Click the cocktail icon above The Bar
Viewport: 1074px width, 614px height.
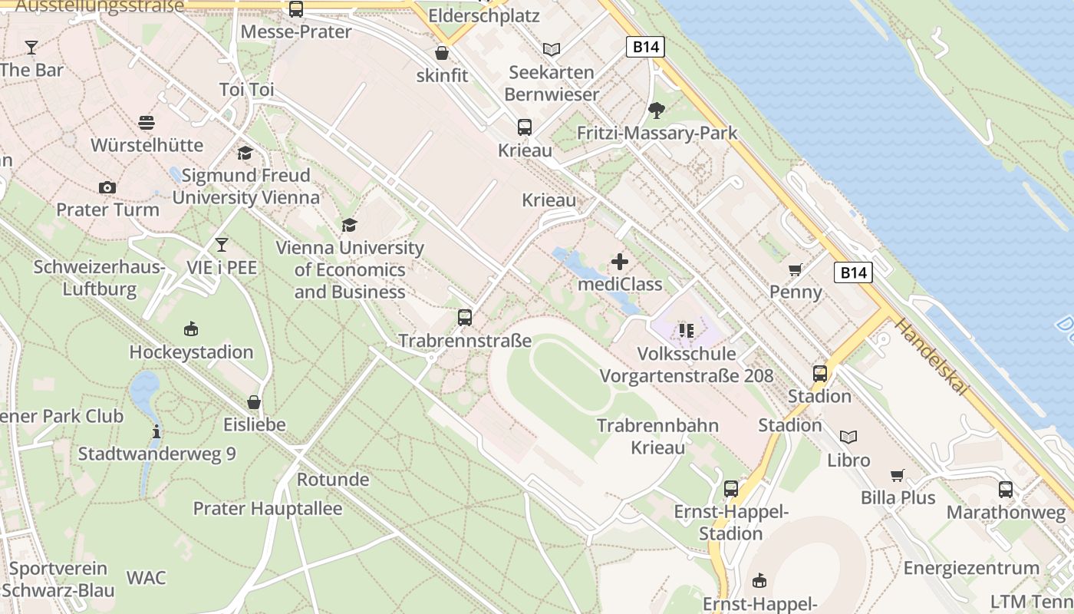tap(31, 48)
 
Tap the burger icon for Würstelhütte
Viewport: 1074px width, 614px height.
tap(147, 123)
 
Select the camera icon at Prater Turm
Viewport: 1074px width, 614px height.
tap(107, 187)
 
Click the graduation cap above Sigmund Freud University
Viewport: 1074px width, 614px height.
tap(245, 153)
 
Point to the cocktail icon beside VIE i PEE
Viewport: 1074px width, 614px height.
tap(222, 245)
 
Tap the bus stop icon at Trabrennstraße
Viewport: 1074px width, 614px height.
tap(464, 317)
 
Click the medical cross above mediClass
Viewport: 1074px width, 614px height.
tap(620, 262)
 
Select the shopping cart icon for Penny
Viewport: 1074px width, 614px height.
tap(796, 269)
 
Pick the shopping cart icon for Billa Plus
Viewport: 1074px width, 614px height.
tap(898, 475)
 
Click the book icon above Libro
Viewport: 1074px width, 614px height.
tap(848, 437)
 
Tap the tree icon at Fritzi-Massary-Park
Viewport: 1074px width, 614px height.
tap(656, 111)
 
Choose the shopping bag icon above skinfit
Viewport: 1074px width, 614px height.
tap(442, 53)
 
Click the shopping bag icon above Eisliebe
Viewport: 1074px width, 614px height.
tap(254, 401)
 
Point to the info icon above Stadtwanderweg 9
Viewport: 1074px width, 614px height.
tap(156, 431)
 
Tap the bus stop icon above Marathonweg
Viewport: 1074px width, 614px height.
tap(1006, 489)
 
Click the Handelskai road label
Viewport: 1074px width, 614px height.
tap(929, 358)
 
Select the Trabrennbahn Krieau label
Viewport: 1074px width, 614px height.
tap(657, 436)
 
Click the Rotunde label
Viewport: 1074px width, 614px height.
tap(333, 480)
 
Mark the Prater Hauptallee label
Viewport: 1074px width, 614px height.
tap(267, 508)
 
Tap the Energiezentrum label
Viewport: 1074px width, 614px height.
tap(971, 568)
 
